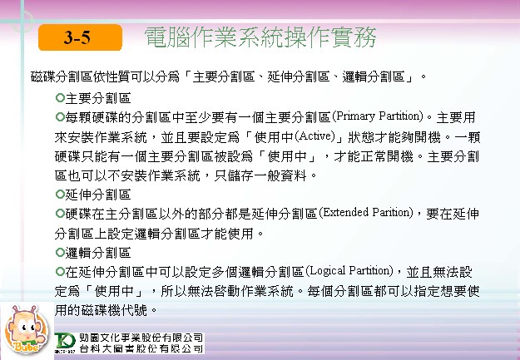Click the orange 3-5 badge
(80, 37)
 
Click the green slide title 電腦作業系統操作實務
(260, 37)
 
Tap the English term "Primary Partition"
(378, 116)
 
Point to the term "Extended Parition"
(366, 213)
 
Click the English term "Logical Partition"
(349, 271)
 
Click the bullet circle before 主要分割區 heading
(60, 98)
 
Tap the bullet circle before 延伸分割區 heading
(60, 195)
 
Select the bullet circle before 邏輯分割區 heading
(60, 253)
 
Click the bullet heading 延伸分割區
(98, 195)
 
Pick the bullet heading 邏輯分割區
(98, 253)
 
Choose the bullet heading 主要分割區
(98, 98)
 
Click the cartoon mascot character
(27, 329)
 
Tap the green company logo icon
(65, 343)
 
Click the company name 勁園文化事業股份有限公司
(141, 338)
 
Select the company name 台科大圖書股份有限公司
(141, 348)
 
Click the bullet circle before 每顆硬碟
(60, 117)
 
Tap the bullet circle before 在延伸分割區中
(60, 272)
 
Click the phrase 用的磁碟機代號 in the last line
(101, 311)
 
